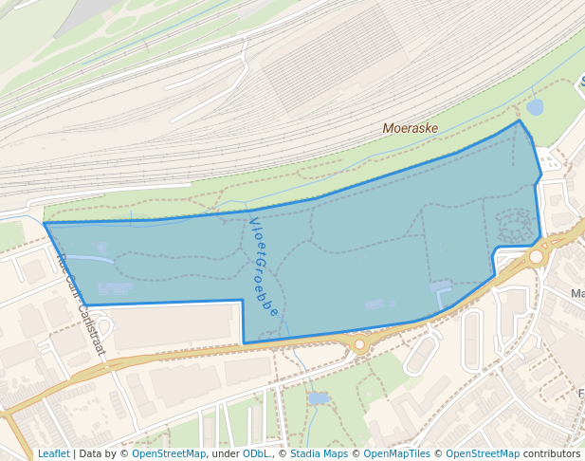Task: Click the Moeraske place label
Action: click(x=411, y=128)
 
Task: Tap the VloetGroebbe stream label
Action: click(x=264, y=267)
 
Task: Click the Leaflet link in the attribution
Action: click(x=53, y=453)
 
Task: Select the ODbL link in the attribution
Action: click(x=256, y=453)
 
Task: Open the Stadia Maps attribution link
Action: click(x=319, y=453)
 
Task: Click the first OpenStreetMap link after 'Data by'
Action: click(x=169, y=453)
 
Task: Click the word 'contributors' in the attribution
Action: click(x=552, y=453)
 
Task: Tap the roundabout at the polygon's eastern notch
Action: click(x=537, y=256)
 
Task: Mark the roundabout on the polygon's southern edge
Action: click(x=359, y=344)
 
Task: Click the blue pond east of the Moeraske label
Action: click(x=535, y=107)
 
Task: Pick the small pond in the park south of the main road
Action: click(x=318, y=398)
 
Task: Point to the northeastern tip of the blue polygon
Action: click(x=519, y=120)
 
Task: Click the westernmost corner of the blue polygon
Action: click(x=45, y=224)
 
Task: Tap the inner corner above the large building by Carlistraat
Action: click(x=243, y=302)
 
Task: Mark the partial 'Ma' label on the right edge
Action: click(x=577, y=294)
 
